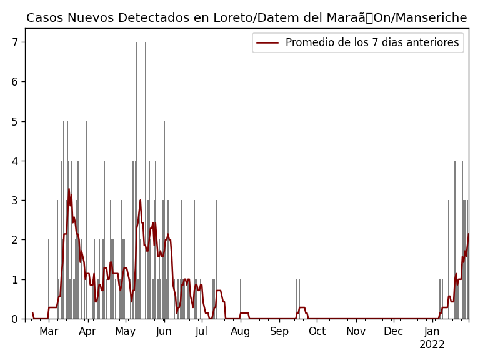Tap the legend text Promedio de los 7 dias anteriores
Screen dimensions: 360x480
(x=372, y=42)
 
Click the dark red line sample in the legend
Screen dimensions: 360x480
(x=267, y=42)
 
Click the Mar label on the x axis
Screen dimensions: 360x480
(x=49, y=331)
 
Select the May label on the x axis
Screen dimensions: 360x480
(x=126, y=331)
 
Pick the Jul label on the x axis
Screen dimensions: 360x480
(x=201, y=331)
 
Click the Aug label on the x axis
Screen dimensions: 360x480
(x=241, y=331)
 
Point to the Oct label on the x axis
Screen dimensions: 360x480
(x=317, y=331)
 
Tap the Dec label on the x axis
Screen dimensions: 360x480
(x=393, y=331)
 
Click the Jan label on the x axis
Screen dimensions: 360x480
(x=432, y=331)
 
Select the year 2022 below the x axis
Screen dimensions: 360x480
(x=432, y=344)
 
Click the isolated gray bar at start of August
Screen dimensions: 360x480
(x=241, y=300)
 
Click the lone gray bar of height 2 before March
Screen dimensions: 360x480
(x=49, y=280)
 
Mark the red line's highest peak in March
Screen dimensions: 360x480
(x=69, y=189)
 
